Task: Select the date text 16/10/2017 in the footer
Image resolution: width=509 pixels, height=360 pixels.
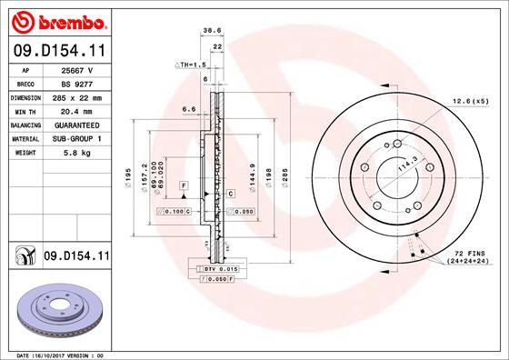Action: click(61, 354)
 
